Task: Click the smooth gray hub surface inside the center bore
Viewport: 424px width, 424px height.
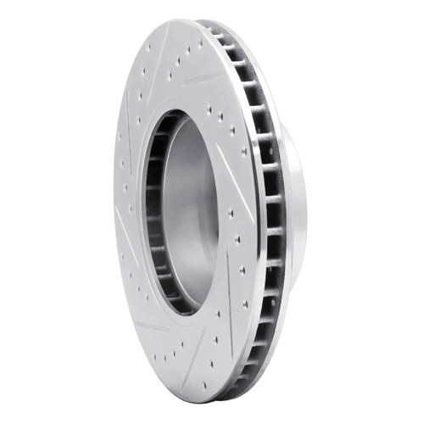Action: (191, 212)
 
